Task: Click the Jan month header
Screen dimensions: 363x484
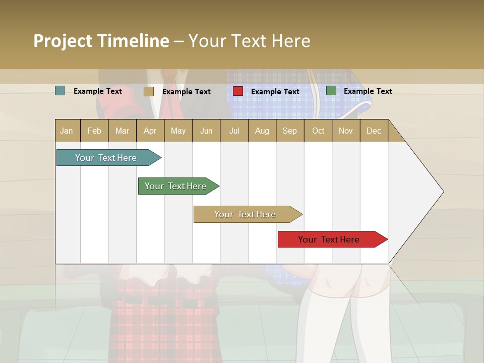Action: tap(67, 131)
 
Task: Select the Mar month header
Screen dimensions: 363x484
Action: tap(122, 131)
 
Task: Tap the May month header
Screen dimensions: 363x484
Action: tap(178, 131)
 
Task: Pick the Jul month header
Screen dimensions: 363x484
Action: tap(234, 131)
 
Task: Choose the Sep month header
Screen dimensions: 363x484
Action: tap(289, 131)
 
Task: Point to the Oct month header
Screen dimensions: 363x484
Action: tap(318, 131)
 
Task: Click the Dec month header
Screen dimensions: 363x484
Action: tap(374, 131)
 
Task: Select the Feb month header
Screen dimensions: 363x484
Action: tap(94, 131)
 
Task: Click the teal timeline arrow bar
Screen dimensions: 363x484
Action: tap(106, 158)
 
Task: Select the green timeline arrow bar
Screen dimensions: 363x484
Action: tap(176, 186)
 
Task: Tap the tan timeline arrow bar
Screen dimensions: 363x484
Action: tap(246, 214)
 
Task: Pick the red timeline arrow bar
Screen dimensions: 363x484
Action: tap(329, 239)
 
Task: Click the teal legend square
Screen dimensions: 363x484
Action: tap(60, 91)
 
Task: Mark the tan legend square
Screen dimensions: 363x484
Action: tap(148, 91)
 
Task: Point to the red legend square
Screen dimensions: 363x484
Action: tap(238, 91)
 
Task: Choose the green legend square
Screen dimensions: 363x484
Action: tap(331, 91)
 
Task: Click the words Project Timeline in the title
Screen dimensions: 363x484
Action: tap(101, 41)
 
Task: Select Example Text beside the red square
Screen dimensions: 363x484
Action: tap(275, 91)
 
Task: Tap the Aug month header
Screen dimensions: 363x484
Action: tap(262, 131)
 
